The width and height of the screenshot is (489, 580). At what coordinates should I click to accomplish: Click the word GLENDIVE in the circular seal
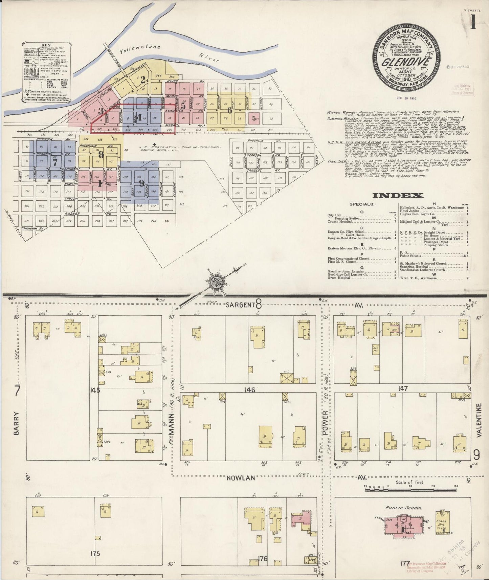point(407,63)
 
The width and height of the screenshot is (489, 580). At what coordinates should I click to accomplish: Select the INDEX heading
point(398,195)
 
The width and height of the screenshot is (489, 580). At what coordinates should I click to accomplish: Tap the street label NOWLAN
point(241,478)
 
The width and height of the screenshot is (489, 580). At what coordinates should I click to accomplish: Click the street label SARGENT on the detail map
point(240,305)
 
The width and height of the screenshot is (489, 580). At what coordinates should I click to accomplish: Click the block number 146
point(250,390)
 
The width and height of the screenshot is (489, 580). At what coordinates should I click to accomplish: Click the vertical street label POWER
point(325,421)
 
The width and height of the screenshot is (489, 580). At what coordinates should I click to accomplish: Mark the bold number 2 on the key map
point(143,80)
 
